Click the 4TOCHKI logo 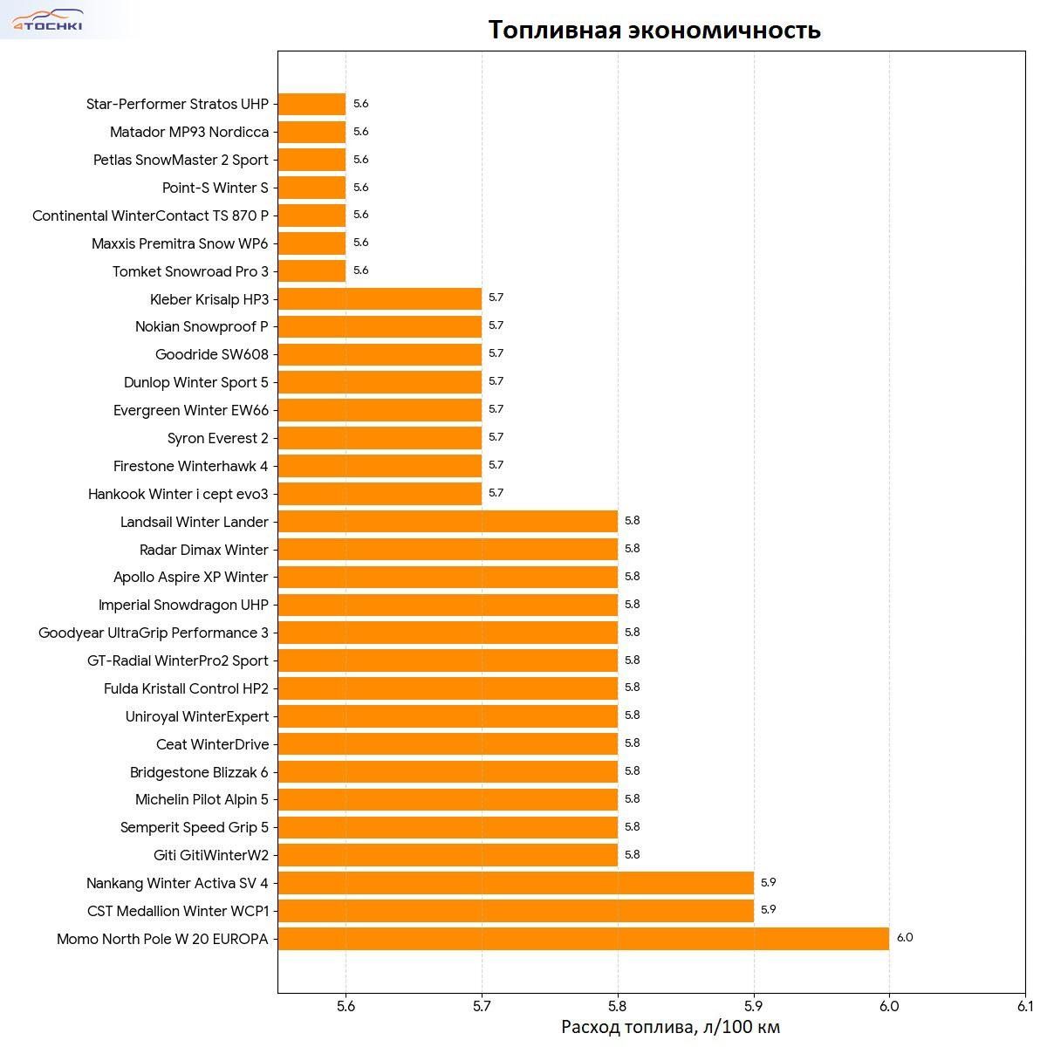pos(47,20)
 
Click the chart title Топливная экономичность pos(654,30)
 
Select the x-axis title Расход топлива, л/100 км pos(670,1026)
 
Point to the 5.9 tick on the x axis pos(754,1005)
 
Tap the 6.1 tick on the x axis pos(1024,1005)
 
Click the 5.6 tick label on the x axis pos(346,1005)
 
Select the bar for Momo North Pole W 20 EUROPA pos(583,939)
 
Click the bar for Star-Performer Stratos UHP pos(311,104)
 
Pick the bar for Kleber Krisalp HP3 pos(380,299)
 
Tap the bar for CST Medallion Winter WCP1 pos(516,911)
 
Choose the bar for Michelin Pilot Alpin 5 pos(448,799)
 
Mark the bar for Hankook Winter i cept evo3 pos(380,494)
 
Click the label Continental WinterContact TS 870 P pos(150,216)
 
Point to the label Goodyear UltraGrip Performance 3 pos(154,633)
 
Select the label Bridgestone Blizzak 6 pos(199,772)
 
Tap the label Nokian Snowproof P pos(202,326)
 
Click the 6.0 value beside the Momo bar pos(904,938)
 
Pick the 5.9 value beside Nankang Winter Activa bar pos(768,882)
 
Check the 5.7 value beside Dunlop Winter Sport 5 pos(496,381)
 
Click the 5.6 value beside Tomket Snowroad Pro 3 pos(360,270)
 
